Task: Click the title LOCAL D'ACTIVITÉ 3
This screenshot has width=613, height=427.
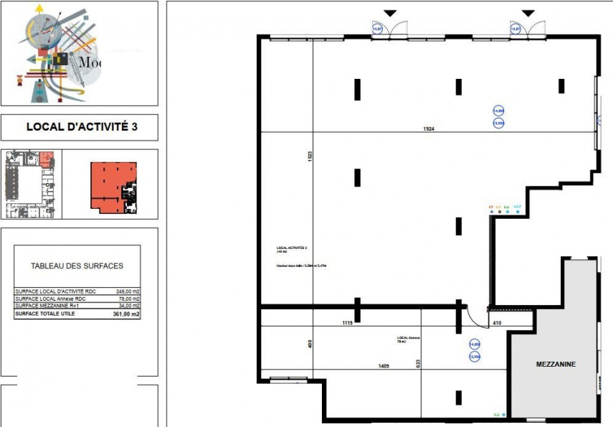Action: point(81,127)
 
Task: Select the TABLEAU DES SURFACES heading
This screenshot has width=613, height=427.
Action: point(77,266)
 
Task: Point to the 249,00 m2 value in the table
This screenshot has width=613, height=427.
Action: point(127,292)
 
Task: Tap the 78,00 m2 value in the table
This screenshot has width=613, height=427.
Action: point(127,299)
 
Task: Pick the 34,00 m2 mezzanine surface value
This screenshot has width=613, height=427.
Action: point(127,306)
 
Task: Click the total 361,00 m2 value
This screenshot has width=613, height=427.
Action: point(126,314)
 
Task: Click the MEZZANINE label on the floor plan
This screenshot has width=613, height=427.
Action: point(556,365)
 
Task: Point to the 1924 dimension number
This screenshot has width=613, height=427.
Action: point(429,128)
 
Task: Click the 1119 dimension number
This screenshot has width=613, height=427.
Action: point(346,324)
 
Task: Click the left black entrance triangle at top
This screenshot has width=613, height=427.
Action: point(389,13)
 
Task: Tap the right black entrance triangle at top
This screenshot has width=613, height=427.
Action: point(528,13)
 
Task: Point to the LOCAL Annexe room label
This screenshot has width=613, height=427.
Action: point(407,339)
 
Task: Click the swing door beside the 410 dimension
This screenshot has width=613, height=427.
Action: point(474,316)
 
